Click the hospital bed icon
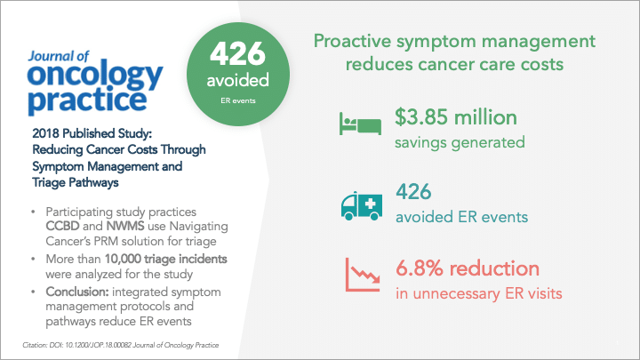[x=360, y=124]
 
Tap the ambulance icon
[x=362, y=205]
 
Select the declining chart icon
[x=363, y=275]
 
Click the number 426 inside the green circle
[x=238, y=53]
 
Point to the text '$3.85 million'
[x=456, y=117]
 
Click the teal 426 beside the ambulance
[x=413, y=191]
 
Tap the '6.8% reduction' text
[x=468, y=268]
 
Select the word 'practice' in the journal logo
[x=87, y=100]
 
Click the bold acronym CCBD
[x=62, y=226]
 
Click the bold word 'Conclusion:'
[x=77, y=292]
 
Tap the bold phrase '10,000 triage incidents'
[x=165, y=260]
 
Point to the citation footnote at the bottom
[x=121, y=345]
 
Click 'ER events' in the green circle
[x=238, y=100]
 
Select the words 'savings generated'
[x=460, y=142]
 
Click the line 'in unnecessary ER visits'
[x=479, y=293]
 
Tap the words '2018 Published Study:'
[x=92, y=133]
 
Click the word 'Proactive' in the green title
[x=352, y=41]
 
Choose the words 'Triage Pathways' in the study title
[x=76, y=182]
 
